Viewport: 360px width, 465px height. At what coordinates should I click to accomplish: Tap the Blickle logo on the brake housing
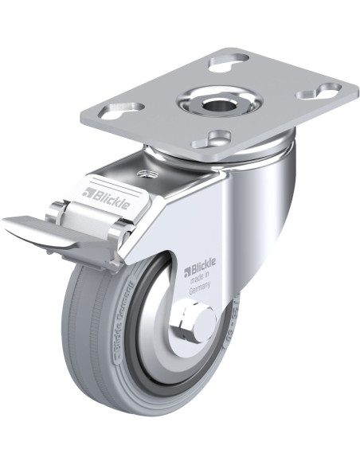coord(105,193)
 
